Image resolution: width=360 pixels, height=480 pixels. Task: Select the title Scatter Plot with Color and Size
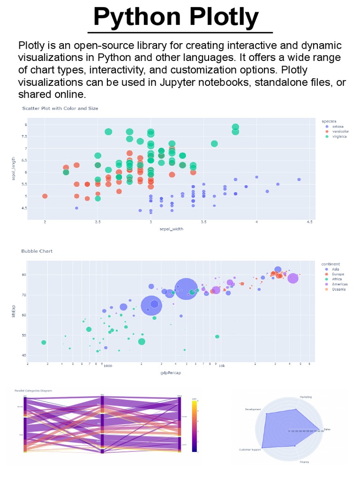coord(60,108)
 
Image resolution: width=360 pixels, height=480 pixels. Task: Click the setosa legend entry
coord(337,127)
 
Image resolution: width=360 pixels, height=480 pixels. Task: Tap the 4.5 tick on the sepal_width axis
coord(310,222)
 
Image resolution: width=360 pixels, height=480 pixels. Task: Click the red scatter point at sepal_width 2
coord(45,196)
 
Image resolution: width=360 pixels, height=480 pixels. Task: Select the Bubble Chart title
coord(37,251)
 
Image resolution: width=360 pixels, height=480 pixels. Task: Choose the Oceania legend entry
coord(339,290)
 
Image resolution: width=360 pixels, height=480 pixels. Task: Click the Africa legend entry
coord(337,279)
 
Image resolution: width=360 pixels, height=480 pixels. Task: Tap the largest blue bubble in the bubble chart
coord(186,288)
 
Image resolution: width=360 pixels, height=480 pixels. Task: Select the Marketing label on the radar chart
coord(306,397)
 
